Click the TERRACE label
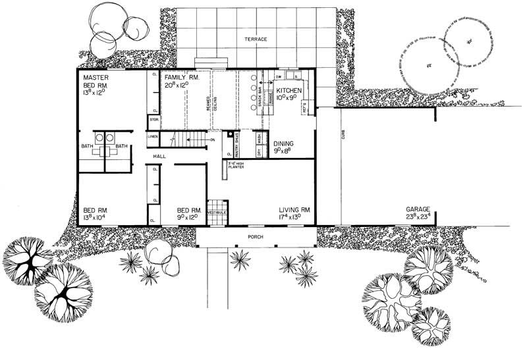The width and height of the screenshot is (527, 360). click(256, 39)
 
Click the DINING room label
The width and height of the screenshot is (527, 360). click(284, 142)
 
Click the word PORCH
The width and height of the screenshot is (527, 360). click(256, 235)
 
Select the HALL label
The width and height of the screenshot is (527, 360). click(159, 156)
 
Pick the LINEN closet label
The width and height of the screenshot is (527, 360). click(153, 136)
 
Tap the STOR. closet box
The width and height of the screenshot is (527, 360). click(153, 120)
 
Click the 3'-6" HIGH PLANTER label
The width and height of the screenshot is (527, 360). click(235, 165)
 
